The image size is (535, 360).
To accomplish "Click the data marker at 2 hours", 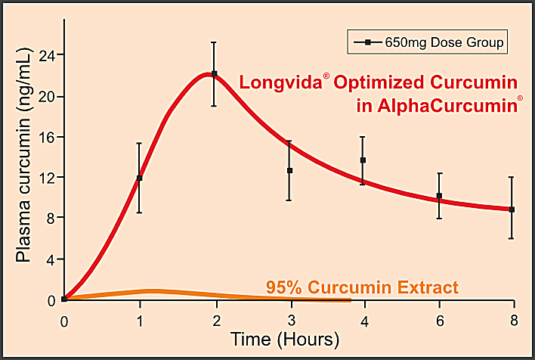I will [214, 74].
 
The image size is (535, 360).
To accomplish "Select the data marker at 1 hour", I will [139, 178].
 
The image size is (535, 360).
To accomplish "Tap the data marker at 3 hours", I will [289, 170].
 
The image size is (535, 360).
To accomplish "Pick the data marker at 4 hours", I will [363, 160].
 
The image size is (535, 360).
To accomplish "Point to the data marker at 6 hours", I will [439, 196].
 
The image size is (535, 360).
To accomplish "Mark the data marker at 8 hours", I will [512, 209].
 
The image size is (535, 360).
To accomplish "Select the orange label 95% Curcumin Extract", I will [362, 287].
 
